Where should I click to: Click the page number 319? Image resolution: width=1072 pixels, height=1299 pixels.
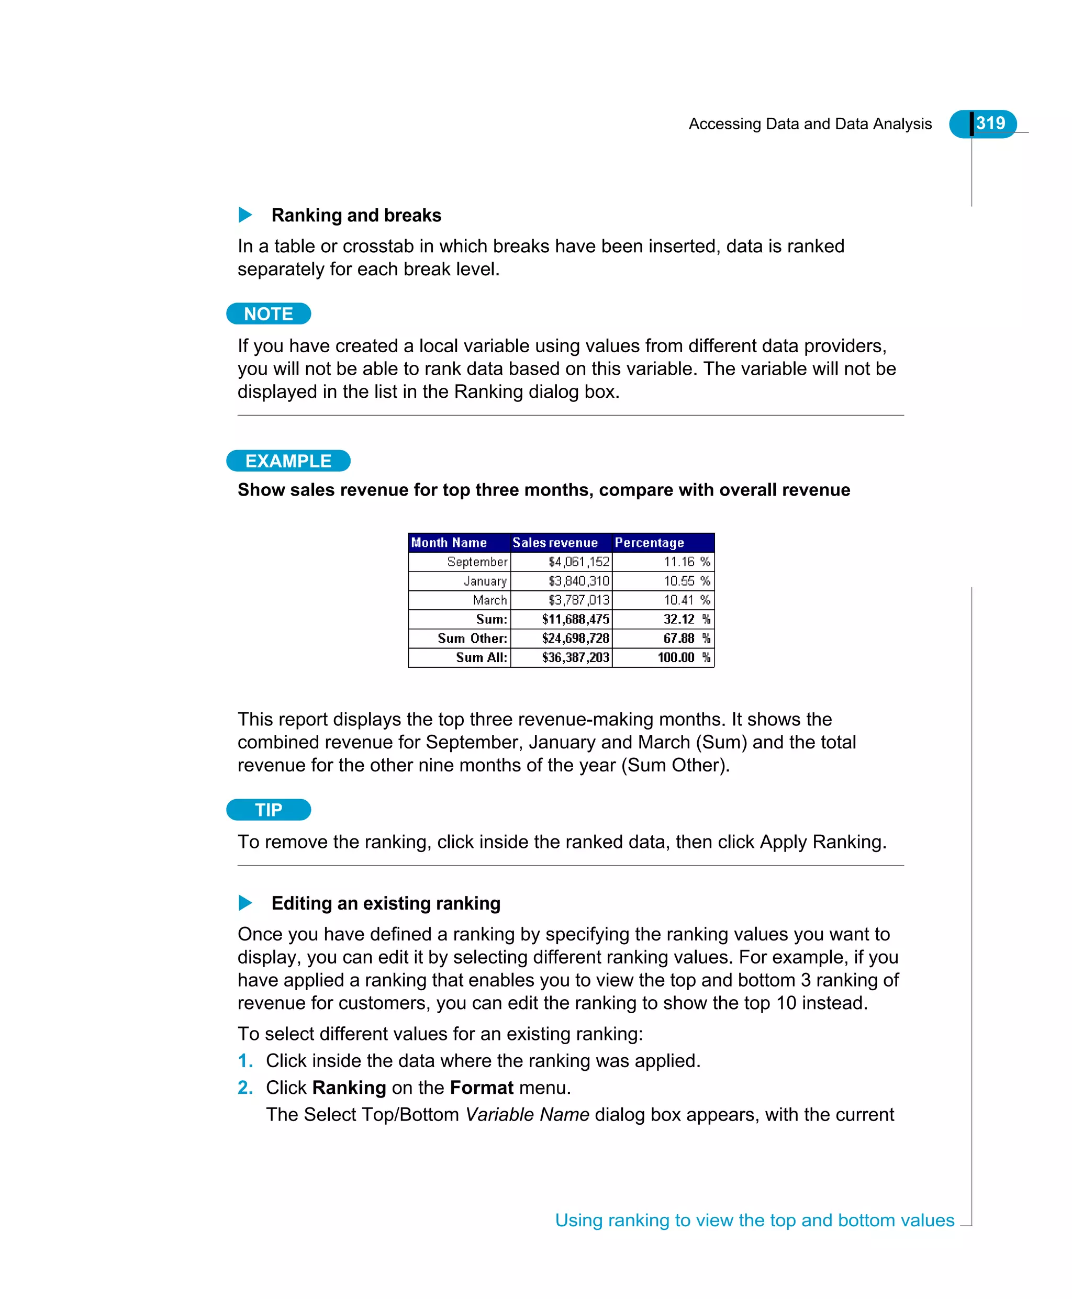tap(990, 123)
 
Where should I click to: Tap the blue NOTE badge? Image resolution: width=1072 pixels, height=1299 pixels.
tap(268, 313)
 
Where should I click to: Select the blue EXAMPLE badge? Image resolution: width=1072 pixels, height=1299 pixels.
tap(288, 461)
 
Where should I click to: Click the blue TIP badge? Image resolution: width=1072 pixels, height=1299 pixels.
tap(268, 810)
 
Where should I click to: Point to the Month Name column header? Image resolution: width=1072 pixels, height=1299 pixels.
tap(449, 542)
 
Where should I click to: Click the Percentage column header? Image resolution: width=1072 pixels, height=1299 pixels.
tap(649, 542)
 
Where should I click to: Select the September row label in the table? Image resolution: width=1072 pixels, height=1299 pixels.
tap(477, 562)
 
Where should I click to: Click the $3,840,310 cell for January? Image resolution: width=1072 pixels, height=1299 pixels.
tap(578, 581)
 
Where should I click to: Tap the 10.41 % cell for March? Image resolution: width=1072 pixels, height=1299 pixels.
tap(686, 600)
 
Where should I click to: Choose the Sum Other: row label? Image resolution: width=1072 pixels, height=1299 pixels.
tap(472, 639)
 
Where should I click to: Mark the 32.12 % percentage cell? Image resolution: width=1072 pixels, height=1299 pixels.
tap(686, 619)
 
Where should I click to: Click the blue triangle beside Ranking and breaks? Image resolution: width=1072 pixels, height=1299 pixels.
tap(245, 215)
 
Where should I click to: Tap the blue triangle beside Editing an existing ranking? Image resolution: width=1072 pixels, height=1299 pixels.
tap(245, 903)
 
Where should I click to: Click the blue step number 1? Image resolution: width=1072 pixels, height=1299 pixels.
tap(245, 1061)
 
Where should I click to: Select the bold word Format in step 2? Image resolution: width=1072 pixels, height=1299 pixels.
tap(481, 1087)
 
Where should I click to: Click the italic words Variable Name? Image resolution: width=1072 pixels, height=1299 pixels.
tap(527, 1114)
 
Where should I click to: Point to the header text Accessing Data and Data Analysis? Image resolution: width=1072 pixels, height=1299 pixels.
tap(810, 124)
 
